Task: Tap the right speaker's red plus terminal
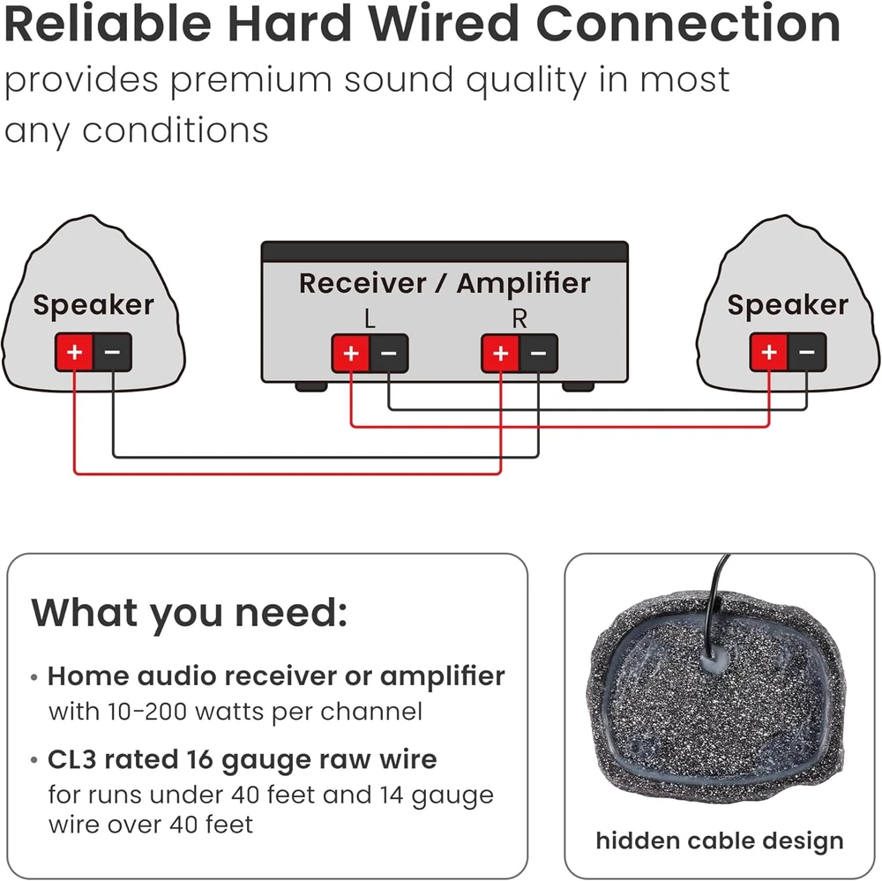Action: (x=769, y=353)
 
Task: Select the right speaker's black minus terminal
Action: (x=807, y=353)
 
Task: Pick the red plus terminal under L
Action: (x=351, y=355)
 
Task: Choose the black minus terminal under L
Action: (x=389, y=355)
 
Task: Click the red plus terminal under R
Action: (x=500, y=355)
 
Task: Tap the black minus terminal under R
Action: (x=538, y=355)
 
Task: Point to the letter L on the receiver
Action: (x=370, y=319)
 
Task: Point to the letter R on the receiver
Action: (x=519, y=319)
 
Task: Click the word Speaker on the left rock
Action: (x=93, y=306)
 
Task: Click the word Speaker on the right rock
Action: (x=788, y=305)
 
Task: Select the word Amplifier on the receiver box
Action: (x=523, y=284)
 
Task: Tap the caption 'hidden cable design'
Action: (x=720, y=840)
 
